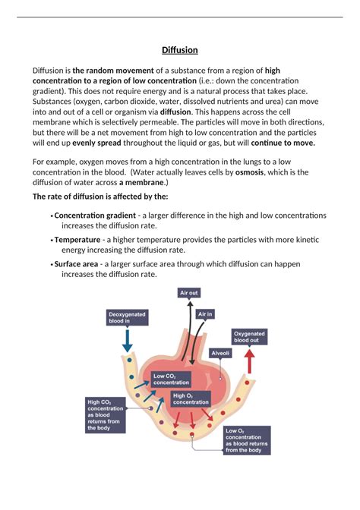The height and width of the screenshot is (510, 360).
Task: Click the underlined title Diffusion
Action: point(180,50)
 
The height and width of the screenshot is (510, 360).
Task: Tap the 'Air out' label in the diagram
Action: point(188,292)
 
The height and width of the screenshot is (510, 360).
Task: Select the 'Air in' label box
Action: point(205,313)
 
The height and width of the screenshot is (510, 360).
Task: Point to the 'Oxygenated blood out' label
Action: point(251,336)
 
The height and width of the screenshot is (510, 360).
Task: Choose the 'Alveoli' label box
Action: point(220,354)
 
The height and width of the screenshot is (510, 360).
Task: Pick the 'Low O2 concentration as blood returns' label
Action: point(245,439)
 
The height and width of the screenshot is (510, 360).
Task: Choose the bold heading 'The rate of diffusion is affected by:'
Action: point(100,197)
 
